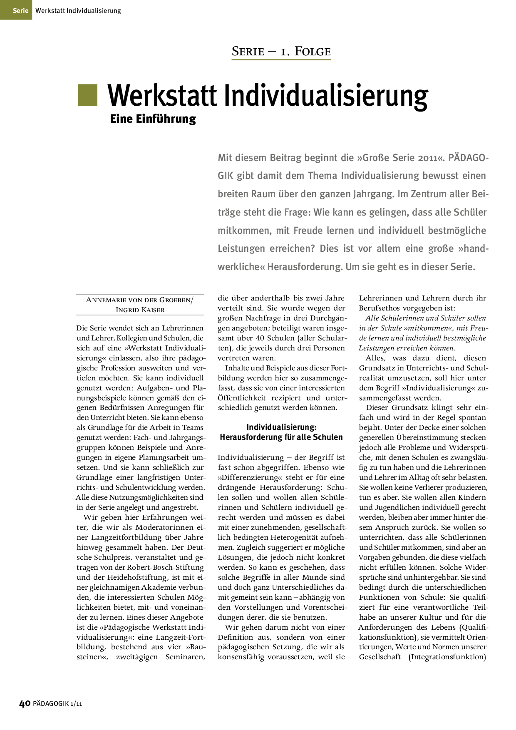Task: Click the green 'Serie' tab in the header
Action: tap(20, 10)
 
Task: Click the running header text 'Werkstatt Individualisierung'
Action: tap(78, 11)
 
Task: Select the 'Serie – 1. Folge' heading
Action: tap(281, 52)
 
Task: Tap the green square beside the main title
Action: tap(87, 95)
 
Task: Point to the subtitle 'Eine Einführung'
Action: tap(153, 119)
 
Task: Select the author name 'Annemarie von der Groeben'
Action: tap(139, 300)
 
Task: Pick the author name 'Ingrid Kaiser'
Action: tap(140, 310)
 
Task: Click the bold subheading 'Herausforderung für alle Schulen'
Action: tap(281, 437)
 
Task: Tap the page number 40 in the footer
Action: tap(25, 703)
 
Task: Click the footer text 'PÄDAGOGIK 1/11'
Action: tap(57, 704)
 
